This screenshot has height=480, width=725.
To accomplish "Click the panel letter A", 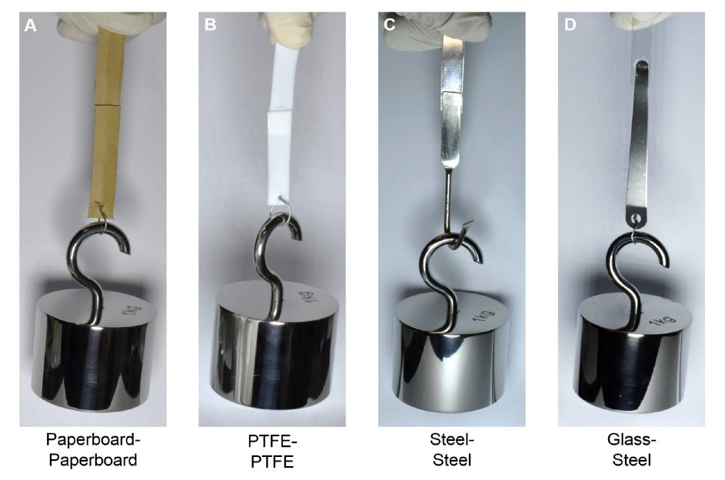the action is [30, 25].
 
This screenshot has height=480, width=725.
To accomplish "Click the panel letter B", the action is [210, 25].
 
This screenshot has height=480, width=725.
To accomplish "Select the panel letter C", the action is [390, 25].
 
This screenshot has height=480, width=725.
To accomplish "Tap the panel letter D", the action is [570, 25].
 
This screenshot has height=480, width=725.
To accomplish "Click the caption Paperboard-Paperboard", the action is [93, 449].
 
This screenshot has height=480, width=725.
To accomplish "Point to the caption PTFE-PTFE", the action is [272, 452].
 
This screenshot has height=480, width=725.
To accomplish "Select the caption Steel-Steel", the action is [452, 449].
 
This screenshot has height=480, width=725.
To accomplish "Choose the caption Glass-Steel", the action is [632, 449].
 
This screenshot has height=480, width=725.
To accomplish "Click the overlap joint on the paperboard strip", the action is [107, 106].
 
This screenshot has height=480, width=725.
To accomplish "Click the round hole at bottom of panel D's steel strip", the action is [637, 217].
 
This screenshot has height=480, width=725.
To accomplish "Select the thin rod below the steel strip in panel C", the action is [447, 201].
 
